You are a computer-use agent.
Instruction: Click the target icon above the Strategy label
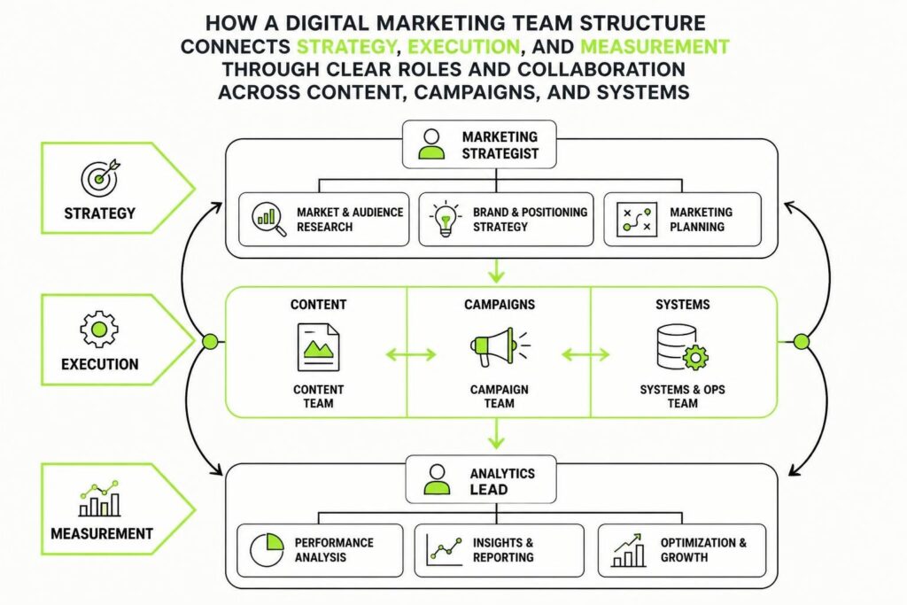(100, 177)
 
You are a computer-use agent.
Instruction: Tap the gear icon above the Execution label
(99, 330)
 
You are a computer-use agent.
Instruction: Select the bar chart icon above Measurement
(99, 498)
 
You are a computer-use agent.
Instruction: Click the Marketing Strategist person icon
(431, 144)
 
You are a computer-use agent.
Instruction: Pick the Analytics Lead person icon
(438, 479)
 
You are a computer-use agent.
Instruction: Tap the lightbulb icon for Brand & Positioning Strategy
(446, 219)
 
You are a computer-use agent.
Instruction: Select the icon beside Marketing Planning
(637, 219)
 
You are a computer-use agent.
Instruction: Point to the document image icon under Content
(318, 347)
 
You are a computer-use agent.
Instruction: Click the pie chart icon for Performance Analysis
(267, 549)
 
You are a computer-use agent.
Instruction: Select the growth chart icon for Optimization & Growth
(628, 550)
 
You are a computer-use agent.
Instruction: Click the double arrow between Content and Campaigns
(411, 354)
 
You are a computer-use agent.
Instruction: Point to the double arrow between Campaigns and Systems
(585, 354)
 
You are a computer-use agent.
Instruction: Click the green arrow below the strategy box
(496, 270)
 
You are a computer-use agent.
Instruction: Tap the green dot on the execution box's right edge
(801, 343)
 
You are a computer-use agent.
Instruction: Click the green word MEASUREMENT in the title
(655, 46)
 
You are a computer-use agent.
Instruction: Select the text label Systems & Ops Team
(683, 396)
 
